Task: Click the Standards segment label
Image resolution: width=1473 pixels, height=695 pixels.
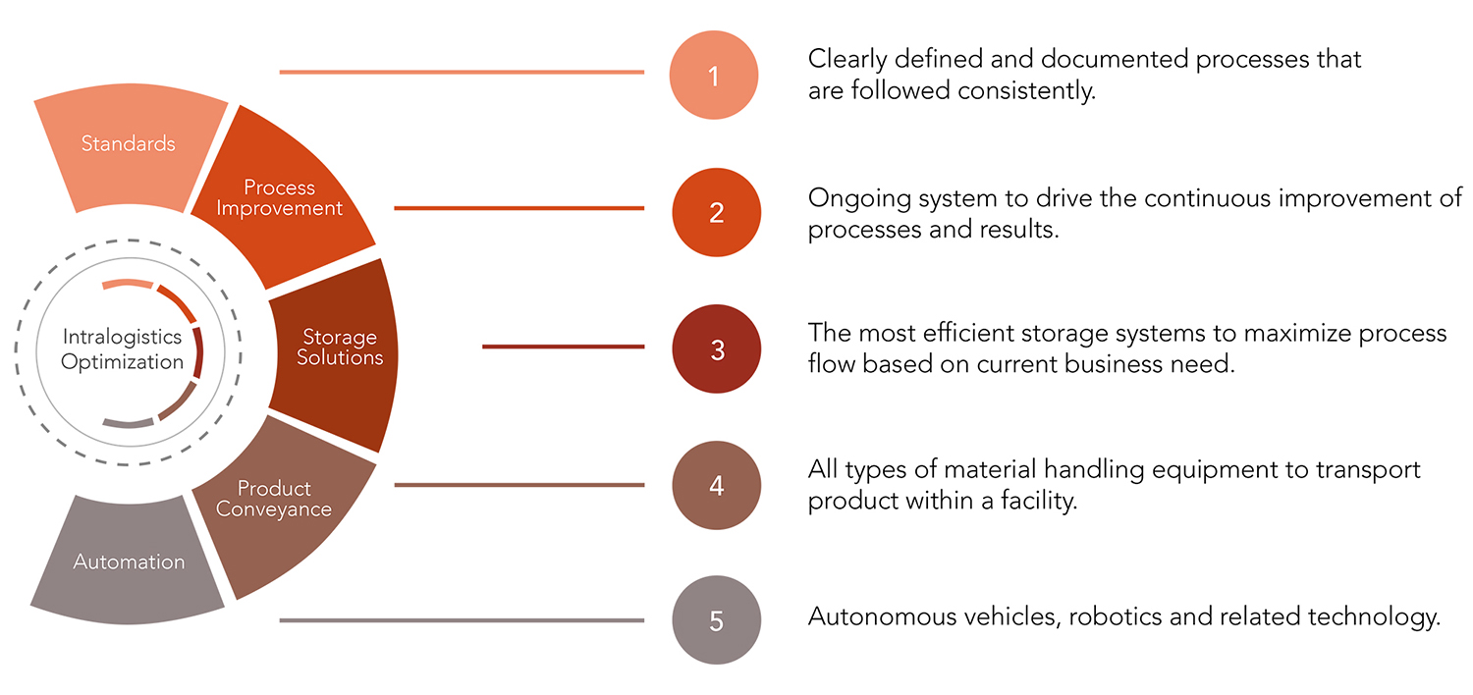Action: [x=128, y=143]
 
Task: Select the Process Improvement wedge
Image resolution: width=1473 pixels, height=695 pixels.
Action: [x=280, y=197]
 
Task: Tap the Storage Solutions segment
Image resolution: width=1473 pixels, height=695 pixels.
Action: [x=340, y=347]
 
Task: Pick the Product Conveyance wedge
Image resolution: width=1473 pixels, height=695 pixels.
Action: [x=274, y=499]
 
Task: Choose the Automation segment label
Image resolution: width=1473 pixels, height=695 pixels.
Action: [x=129, y=561]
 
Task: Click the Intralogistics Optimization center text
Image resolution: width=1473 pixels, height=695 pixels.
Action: [x=122, y=349]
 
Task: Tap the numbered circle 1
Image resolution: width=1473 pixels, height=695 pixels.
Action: [x=714, y=76]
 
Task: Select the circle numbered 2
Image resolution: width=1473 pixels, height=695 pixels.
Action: [x=716, y=212]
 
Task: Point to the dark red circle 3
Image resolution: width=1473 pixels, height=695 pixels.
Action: [x=717, y=349]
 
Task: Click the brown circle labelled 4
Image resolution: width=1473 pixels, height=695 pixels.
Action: [x=716, y=485]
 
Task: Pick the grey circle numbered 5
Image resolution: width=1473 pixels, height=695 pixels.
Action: [x=716, y=620]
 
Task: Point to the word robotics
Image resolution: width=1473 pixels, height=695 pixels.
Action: [x=1112, y=617]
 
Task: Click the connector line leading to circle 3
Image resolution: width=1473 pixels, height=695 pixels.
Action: [x=563, y=347]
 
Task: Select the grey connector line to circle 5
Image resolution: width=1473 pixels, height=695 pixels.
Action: [x=462, y=620]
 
